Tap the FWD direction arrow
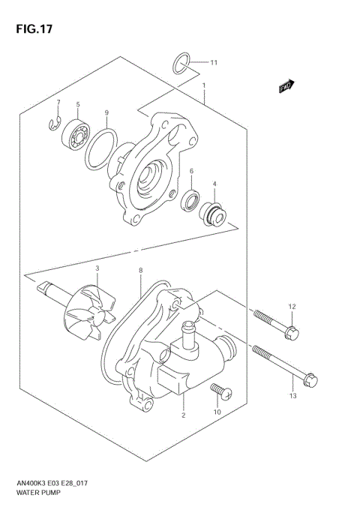[286, 87]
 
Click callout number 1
[204, 85]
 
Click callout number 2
[182, 414]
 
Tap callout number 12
[293, 305]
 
